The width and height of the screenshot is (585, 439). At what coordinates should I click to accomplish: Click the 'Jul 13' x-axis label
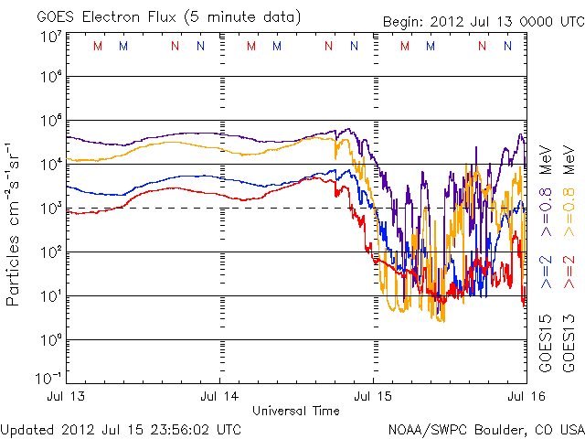(69, 396)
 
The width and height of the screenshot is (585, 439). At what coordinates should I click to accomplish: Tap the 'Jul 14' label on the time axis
(220, 396)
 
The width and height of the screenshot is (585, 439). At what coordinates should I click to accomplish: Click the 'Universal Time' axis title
(296, 411)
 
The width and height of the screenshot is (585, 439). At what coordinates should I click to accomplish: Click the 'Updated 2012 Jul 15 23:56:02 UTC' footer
(122, 428)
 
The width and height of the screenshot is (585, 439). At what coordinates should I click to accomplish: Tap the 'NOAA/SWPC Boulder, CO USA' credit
(484, 428)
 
